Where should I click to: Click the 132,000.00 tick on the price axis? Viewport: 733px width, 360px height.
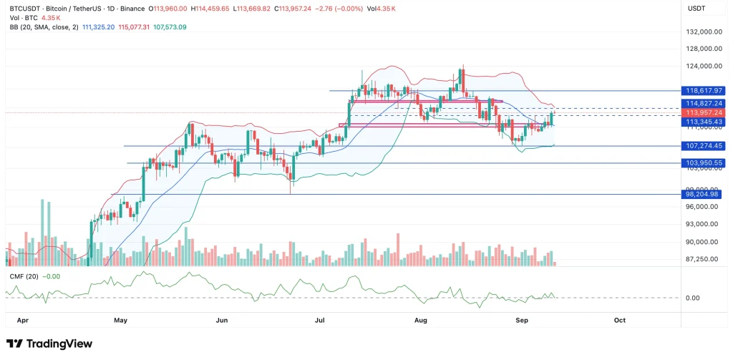point(702,32)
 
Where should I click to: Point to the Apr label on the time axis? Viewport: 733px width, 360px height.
point(22,321)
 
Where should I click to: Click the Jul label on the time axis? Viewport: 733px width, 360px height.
point(320,321)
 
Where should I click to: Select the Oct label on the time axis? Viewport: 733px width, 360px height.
point(620,321)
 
